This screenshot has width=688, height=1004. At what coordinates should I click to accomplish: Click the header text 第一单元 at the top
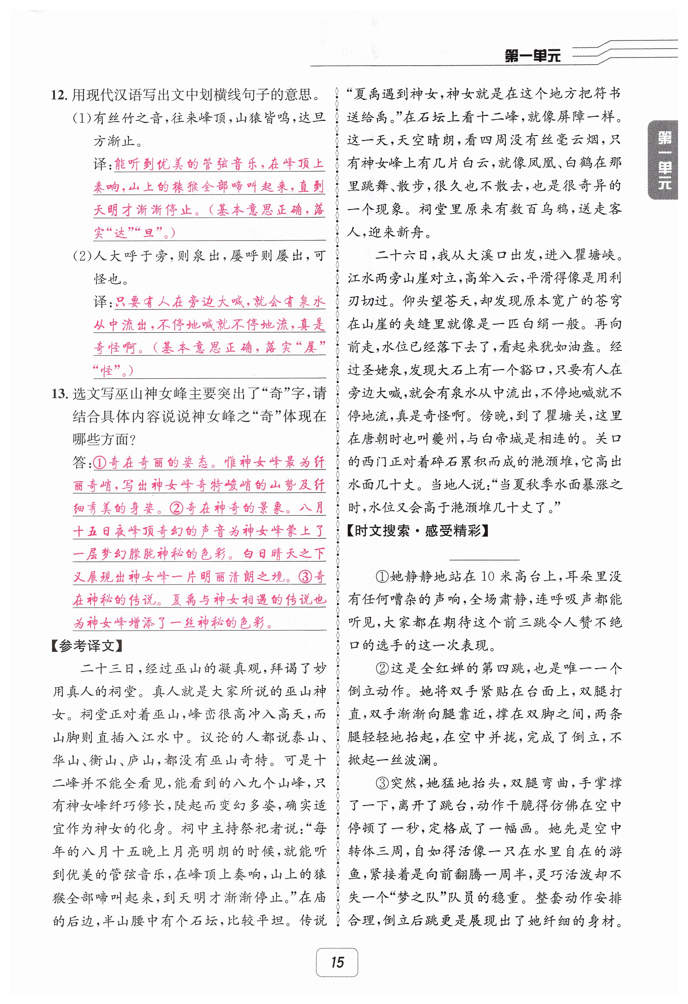coord(532,56)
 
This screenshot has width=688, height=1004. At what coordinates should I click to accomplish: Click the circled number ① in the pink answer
coord(100,463)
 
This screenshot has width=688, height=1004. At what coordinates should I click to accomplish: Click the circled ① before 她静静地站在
coord(382,576)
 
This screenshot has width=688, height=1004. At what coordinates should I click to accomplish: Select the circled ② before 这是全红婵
coord(382,669)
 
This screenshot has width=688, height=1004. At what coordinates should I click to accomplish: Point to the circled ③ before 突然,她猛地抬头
coord(382,783)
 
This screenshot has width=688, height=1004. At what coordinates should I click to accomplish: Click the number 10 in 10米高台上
coord(487,576)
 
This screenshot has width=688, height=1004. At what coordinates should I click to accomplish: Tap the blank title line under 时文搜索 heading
coord(485,559)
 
